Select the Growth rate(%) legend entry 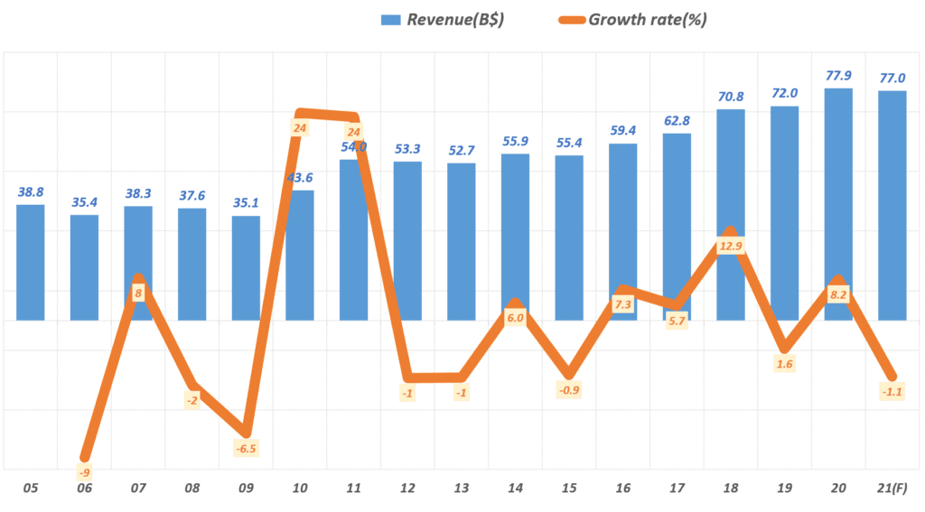pyautogui.click(x=631, y=19)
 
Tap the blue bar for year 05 pyautogui.click(x=31, y=262)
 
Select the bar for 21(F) pyautogui.click(x=892, y=205)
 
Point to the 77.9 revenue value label pyautogui.click(x=838, y=75)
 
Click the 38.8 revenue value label pyautogui.click(x=31, y=191)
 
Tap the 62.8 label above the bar pyautogui.click(x=677, y=121)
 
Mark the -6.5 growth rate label pyautogui.click(x=247, y=448)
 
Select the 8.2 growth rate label pyautogui.click(x=838, y=294)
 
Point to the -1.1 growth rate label pyautogui.click(x=892, y=391)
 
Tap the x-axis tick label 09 pyautogui.click(x=246, y=489)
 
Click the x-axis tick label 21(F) pyautogui.click(x=892, y=489)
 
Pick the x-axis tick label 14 pyautogui.click(x=515, y=489)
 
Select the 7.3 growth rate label pyautogui.click(x=623, y=305)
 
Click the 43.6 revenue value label pyautogui.click(x=300, y=177)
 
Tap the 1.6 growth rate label pyautogui.click(x=785, y=364)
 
